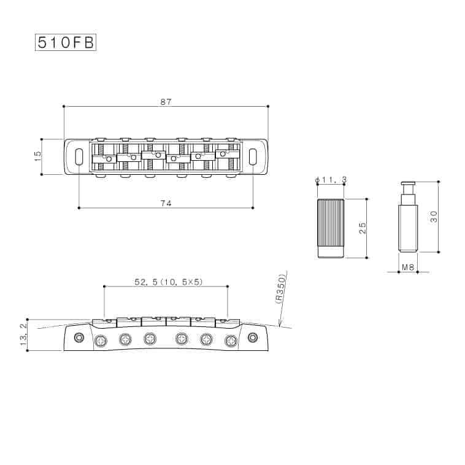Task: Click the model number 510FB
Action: [x=66, y=43]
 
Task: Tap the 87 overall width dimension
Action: [x=166, y=102]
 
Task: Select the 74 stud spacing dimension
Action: [x=166, y=203]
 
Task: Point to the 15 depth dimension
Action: [x=37, y=156]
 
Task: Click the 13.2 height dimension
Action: [x=23, y=334]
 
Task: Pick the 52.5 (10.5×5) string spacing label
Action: [x=169, y=282]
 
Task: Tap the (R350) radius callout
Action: [x=280, y=288]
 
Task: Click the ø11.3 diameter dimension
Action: [x=331, y=180]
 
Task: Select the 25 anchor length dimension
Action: [x=363, y=228]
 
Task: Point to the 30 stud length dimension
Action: [x=434, y=217]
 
